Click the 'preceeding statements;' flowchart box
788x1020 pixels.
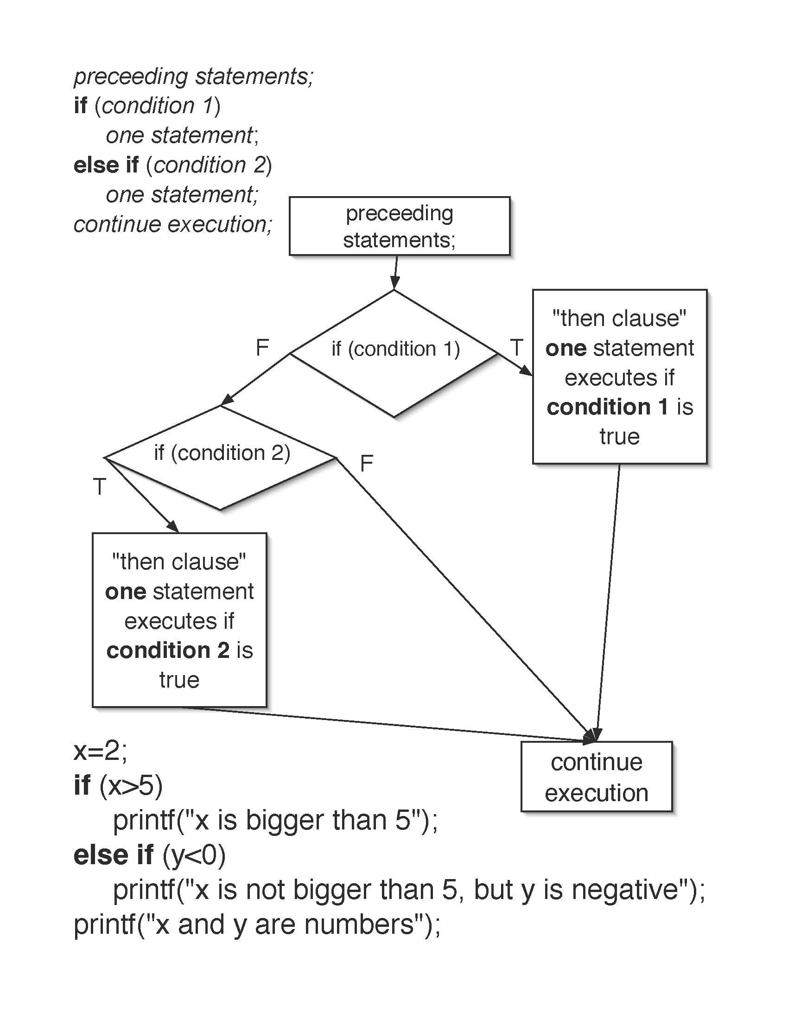[399, 226]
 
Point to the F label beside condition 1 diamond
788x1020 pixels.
[262, 347]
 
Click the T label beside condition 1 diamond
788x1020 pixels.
[516, 347]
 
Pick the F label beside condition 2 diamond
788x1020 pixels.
[367, 463]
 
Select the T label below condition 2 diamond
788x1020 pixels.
[100, 487]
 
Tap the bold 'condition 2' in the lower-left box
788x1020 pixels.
[168, 650]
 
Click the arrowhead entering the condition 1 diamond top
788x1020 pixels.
[394, 283]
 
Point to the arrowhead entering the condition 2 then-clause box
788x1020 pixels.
[173, 526]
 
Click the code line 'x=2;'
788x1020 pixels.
[100, 751]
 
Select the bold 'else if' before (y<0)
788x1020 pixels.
[114, 855]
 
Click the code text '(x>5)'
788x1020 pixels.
[131, 785]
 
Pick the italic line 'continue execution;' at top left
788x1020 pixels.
[173, 224]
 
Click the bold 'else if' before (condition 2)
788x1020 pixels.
[106, 165]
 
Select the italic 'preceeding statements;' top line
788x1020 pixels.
[193, 76]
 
